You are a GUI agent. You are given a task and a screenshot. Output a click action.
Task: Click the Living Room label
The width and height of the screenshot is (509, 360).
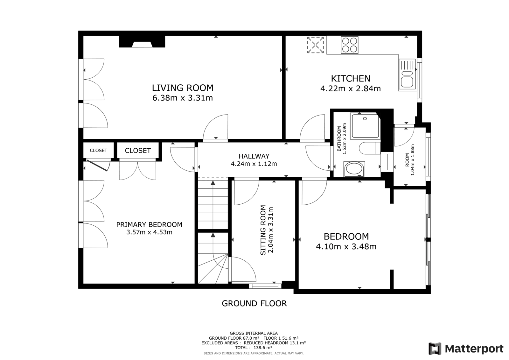coord(183,88)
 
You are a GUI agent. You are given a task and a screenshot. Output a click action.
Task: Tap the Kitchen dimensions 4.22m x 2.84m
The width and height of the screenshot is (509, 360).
coord(350,88)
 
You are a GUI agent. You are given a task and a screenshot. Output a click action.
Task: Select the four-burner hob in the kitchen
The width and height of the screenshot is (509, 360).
coord(350,45)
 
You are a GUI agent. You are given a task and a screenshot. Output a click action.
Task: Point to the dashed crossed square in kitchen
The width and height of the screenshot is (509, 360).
coord(315,45)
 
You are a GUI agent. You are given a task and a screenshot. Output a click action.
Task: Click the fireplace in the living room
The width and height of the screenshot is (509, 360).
coord(142,41)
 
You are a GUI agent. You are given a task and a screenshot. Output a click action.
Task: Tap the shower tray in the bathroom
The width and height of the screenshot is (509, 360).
coord(365,126)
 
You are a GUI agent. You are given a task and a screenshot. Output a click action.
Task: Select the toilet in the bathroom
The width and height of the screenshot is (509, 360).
coord(370,148)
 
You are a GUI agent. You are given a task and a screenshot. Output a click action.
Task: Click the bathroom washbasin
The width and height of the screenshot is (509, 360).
coord(354,169)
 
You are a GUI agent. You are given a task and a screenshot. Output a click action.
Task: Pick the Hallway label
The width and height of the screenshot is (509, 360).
coord(254,156)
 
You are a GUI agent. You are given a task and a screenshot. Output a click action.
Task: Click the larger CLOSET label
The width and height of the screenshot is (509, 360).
coord(138,151)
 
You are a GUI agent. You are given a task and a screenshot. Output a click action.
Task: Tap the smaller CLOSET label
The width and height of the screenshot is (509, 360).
coord(98,151)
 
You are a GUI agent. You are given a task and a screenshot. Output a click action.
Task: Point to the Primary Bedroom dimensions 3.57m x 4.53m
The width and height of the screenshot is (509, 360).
coord(149,232)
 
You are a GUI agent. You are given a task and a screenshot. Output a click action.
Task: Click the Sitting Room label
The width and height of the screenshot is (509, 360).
coord(263,230)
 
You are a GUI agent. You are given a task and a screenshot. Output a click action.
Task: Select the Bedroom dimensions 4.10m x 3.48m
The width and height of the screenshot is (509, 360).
coord(346,246)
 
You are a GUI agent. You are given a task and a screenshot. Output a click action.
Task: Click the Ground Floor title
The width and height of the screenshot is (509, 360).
coord(254,303)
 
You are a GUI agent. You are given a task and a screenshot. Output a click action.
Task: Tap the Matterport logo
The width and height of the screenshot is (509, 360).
coord(466,349)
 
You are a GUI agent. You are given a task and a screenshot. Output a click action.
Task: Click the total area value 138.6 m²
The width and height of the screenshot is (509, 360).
coord(263,348)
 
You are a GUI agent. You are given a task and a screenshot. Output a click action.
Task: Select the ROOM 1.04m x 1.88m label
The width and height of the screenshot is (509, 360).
coord(410,160)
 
